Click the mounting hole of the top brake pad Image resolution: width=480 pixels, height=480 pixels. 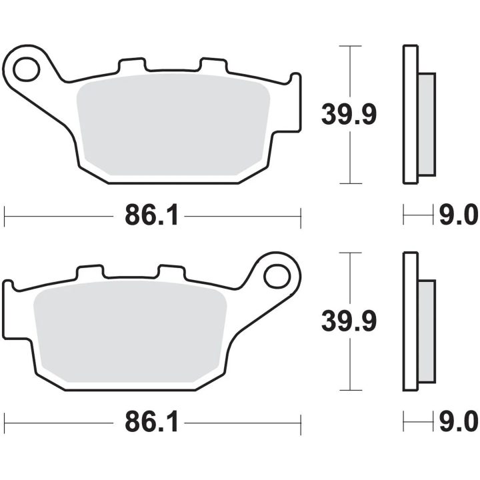coord(27,69)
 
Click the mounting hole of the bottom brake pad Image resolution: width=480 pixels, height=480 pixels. coord(277,277)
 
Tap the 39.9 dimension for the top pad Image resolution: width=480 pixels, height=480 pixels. coord(349,115)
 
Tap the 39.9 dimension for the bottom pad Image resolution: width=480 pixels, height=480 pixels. coord(349,321)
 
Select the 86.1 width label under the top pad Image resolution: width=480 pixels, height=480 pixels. coord(151,215)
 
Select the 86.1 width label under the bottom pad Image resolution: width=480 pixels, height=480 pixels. coord(151,423)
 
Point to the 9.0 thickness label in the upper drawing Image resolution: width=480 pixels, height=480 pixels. coord(459,215)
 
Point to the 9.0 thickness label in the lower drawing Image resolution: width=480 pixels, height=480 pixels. coord(459,422)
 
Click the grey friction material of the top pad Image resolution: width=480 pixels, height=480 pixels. coord(173,125)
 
